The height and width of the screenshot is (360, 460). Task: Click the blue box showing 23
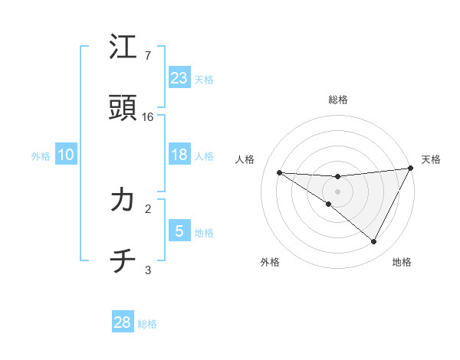(x=179, y=78)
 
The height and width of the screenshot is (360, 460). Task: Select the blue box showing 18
(x=179, y=155)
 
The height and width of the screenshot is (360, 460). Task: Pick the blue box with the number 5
(x=179, y=231)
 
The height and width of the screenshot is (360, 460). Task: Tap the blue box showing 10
(x=66, y=155)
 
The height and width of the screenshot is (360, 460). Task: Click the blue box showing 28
(x=123, y=322)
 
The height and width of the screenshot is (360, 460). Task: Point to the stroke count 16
(x=148, y=117)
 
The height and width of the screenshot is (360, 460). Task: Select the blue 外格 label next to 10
(x=41, y=155)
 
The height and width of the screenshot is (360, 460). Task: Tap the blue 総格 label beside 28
(x=147, y=324)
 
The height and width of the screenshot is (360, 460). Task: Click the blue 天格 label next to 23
(x=204, y=80)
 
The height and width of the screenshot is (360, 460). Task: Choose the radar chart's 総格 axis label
(x=338, y=100)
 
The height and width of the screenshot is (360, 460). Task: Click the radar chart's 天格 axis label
(x=431, y=159)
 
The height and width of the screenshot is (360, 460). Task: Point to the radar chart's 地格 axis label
(x=402, y=263)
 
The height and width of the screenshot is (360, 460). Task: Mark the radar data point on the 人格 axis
(x=280, y=172)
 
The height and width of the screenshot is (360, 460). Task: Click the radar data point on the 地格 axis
(x=374, y=242)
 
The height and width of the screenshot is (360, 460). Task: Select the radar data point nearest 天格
(x=411, y=169)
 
